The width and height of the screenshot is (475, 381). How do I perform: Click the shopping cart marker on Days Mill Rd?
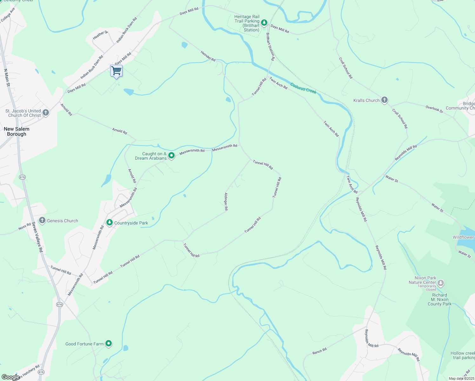click(x=117, y=71)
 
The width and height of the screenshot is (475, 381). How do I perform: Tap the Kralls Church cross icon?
click(x=384, y=100)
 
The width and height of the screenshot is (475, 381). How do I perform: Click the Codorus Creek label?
click(x=303, y=88)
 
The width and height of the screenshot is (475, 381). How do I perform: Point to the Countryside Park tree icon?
click(x=110, y=223)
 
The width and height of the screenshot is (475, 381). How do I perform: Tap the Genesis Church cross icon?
click(x=42, y=220)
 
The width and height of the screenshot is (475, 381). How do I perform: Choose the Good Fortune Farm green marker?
click(x=109, y=344)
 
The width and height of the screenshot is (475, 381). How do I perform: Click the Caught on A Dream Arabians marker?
click(x=171, y=156)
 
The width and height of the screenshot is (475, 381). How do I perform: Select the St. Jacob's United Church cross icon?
click(x=46, y=113)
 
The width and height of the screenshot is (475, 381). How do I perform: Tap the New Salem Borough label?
click(x=17, y=131)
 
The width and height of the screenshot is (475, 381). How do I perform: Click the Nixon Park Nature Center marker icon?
click(x=440, y=283)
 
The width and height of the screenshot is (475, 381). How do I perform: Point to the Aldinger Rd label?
click(x=226, y=201)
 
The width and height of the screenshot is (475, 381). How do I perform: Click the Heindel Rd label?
click(x=208, y=56)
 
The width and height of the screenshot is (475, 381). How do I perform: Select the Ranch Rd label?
click(x=319, y=351)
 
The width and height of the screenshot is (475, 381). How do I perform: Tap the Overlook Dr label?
click(x=434, y=109)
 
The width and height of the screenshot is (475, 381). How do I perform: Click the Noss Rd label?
click(x=24, y=226)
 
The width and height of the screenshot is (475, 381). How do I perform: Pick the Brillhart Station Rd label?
click(x=270, y=46)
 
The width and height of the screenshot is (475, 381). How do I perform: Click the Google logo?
click(x=10, y=377)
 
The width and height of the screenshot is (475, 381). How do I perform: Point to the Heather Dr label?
click(x=100, y=35)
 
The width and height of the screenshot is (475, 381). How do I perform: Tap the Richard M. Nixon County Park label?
click(x=439, y=299)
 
